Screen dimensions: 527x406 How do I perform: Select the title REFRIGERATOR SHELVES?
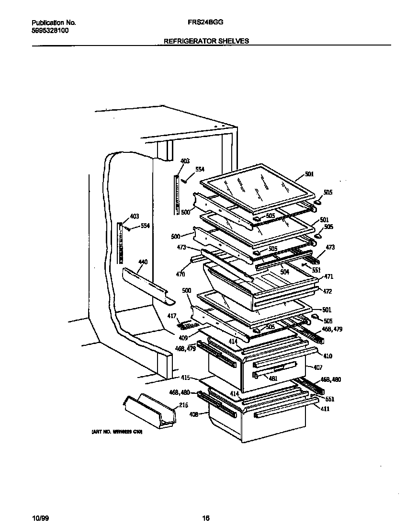(206, 41)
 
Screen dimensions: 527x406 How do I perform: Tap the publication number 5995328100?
(50, 30)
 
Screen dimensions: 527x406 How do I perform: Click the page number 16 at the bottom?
(206, 518)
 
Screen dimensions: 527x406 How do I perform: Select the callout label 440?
(143, 262)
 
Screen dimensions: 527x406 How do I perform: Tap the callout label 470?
(180, 275)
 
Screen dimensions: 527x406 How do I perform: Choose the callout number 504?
(285, 271)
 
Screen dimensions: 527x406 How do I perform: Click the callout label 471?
(328, 276)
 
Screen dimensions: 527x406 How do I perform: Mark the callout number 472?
(327, 291)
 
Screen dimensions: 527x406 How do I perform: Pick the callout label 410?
(327, 356)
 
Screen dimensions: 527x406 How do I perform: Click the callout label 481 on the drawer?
(273, 378)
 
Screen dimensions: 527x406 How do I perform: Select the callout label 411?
(325, 409)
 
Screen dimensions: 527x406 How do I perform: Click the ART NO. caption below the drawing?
(117, 432)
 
